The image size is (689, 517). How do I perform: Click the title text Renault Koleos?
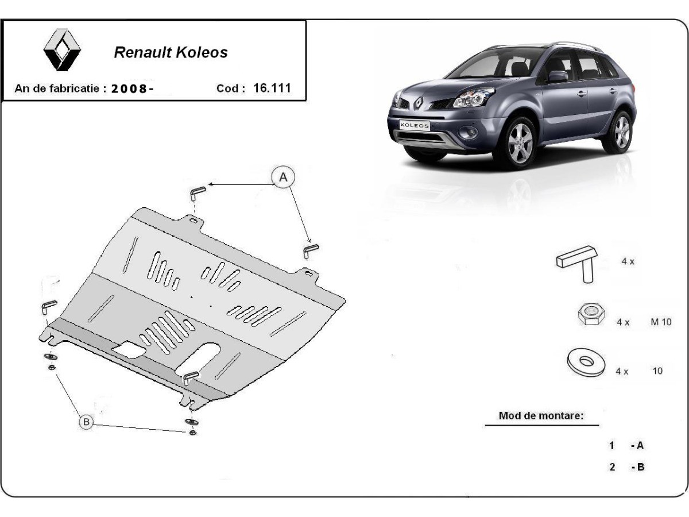(171, 52)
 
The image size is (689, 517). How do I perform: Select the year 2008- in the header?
(132, 88)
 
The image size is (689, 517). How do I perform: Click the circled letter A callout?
(283, 178)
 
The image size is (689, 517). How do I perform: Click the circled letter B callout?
(87, 422)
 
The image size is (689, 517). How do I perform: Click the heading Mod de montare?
(541, 415)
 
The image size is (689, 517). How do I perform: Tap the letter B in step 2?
(640, 467)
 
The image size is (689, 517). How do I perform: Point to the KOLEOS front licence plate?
(414, 125)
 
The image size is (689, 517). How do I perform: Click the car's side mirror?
(556, 76)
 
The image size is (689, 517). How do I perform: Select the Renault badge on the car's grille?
(419, 103)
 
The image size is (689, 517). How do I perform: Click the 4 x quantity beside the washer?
(622, 371)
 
